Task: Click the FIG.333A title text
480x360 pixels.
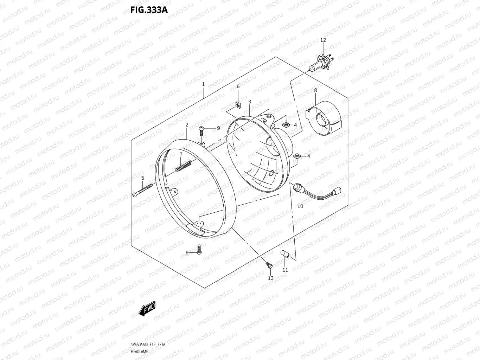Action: click(149, 9)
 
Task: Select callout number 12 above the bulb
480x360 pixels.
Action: click(323, 40)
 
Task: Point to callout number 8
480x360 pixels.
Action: click(315, 90)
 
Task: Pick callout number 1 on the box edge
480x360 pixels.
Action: click(203, 84)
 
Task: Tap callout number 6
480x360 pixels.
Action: click(238, 86)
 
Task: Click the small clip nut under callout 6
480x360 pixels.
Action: click(238, 104)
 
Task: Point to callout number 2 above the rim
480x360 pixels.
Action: click(187, 124)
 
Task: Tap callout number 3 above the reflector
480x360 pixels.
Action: click(249, 102)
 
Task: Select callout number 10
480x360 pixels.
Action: click(300, 206)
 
